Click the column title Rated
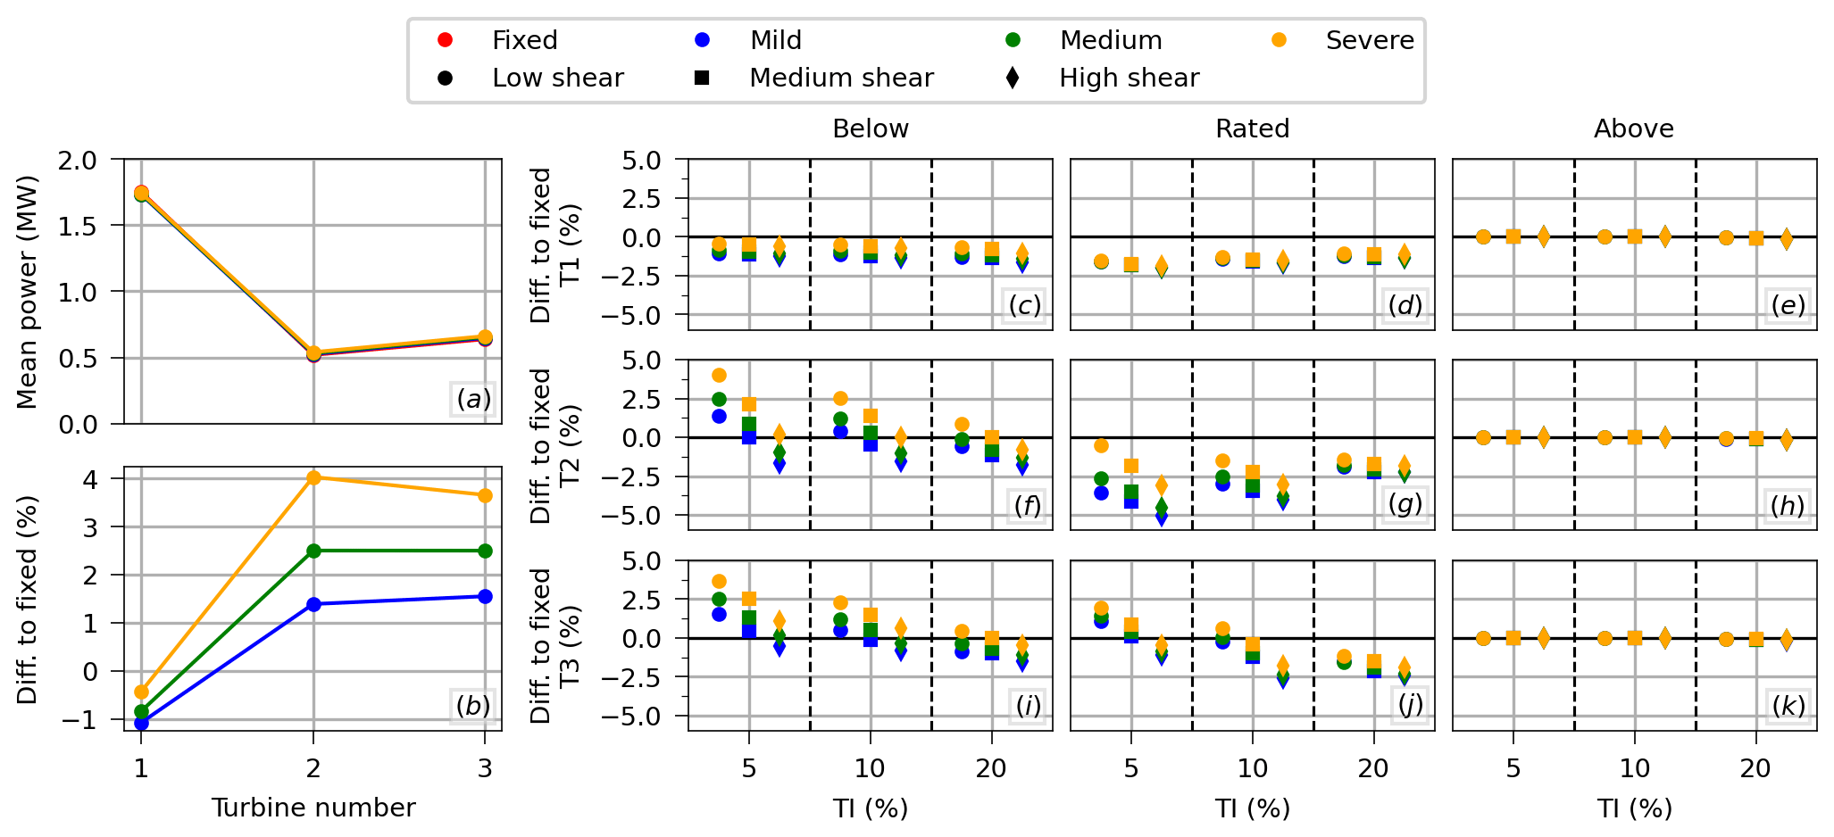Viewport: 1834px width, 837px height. pyautogui.click(x=1252, y=128)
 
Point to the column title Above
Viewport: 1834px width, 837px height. pyautogui.click(x=1633, y=128)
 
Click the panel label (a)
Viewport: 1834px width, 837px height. pyautogui.click(x=473, y=399)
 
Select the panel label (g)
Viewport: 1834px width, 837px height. pyautogui.click(x=1405, y=505)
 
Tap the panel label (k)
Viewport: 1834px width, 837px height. pyautogui.click(x=1788, y=706)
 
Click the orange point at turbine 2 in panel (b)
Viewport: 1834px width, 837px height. pyautogui.click(x=313, y=477)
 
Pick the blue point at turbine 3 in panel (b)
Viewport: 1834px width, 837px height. pyautogui.click(x=485, y=596)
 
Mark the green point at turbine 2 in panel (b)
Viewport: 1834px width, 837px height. pyautogui.click(x=313, y=551)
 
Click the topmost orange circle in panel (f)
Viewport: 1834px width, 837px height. pyautogui.click(x=719, y=375)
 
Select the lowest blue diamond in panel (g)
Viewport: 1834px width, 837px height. pyautogui.click(x=1162, y=517)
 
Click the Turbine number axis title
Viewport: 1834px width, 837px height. pyautogui.click(x=313, y=808)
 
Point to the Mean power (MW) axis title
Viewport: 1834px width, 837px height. pyautogui.click(x=28, y=292)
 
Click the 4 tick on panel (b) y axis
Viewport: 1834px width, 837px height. pyautogui.click(x=90, y=479)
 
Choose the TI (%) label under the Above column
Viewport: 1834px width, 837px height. pyautogui.click(x=1634, y=808)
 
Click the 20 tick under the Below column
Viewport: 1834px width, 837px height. pyautogui.click(x=991, y=768)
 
